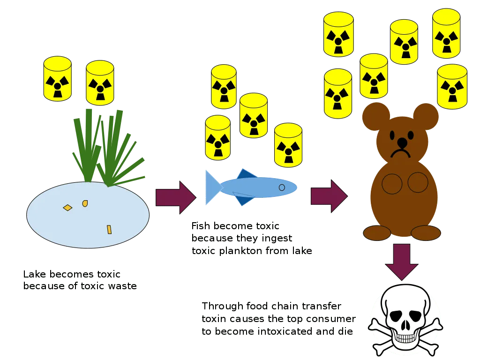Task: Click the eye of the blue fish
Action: (282, 187)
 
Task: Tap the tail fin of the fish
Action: (212, 187)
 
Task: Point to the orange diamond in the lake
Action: (67, 207)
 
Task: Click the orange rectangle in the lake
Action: (109, 229)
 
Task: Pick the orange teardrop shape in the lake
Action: (85, 203)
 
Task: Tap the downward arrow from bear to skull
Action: (402, 261)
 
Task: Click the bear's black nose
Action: (403, 142)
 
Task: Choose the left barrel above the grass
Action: (57, 78)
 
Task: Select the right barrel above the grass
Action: (100, 82)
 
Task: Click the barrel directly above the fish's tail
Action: (218, 137)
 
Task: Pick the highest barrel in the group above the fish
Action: (224, 86)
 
